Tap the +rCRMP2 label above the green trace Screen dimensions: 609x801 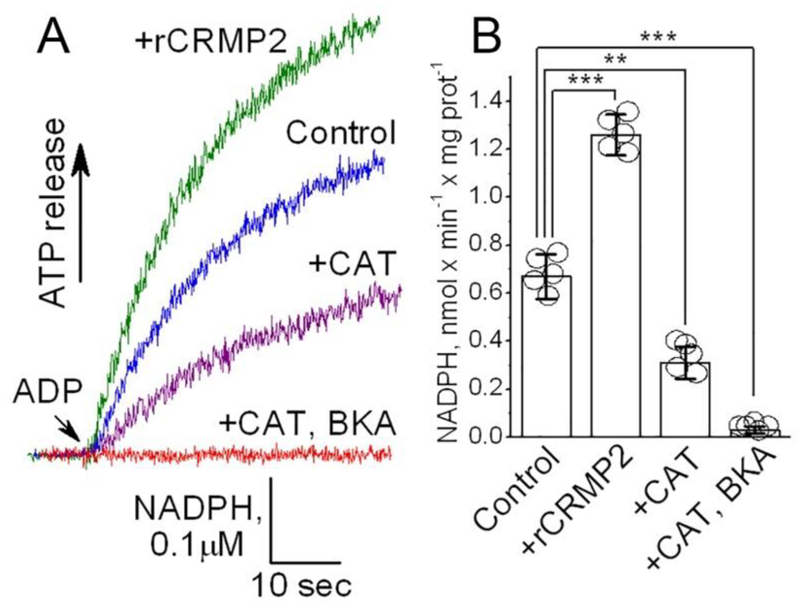[x=211, y=42]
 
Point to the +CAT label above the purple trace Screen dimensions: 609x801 [x=353, y=264]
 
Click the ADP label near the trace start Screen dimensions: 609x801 [x=48, y=392]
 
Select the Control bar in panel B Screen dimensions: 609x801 [x=546, y=359]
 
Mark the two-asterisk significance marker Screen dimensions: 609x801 [x=615, y=59]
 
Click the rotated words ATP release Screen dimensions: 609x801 [x=53, y=212]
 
